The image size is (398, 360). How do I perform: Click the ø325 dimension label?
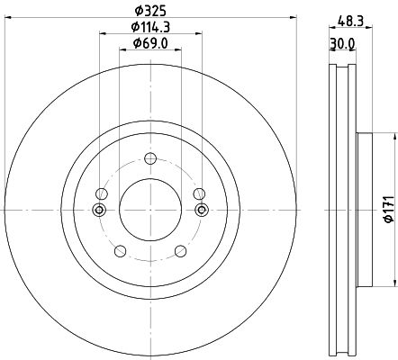click(x=150, y=11)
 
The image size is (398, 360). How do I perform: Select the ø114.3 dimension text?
click(x=150, y=27)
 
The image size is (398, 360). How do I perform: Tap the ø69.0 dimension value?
click(x=150, y=43)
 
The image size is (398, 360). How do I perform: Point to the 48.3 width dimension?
click(x=350, y=22)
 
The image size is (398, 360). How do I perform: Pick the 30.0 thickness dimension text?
click(x=342, y=43)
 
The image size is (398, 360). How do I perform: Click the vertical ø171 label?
click(x=389, y=209)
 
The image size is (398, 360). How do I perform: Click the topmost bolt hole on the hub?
click(x=150, y=158)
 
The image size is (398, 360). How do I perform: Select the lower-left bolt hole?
click(x=121, y=251)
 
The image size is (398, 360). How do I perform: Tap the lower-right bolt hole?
click(x=180, y=251)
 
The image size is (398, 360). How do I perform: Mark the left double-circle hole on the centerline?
click(x=99, y=210)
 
